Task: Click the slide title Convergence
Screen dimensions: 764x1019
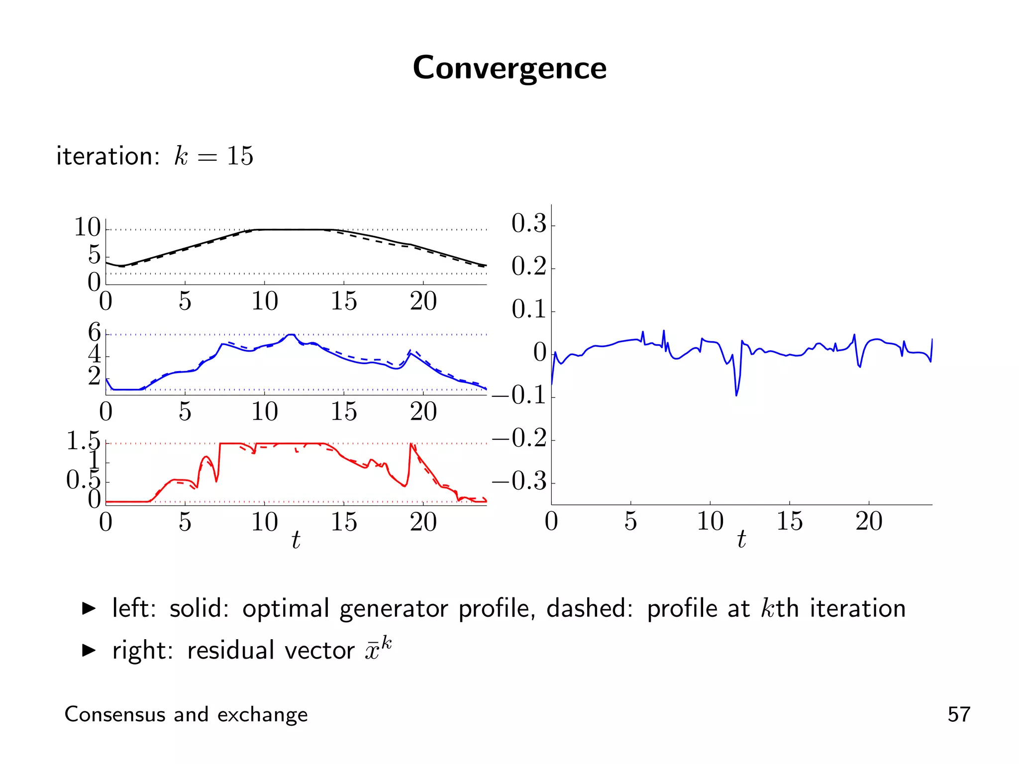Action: tap(509, 68)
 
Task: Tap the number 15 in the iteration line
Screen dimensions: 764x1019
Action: tap(240, 156)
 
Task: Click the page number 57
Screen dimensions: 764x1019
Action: tap(958, 714)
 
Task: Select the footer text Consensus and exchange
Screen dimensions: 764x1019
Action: tap(186, 714)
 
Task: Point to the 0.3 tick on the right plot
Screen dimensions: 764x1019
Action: tap(529, 223)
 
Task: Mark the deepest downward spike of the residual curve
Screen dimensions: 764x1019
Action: tap(736, 395)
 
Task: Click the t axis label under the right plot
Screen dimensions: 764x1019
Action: tap(741, 539)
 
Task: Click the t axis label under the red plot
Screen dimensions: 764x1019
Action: tap(296, 540)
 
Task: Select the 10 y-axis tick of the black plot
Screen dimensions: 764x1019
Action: tap(87, 227)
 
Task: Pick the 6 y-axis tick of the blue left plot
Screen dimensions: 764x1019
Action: tap(94, 332)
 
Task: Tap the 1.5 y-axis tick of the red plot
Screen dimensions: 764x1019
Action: tap(83, 441)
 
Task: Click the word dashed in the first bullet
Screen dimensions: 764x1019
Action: tap(590, 608)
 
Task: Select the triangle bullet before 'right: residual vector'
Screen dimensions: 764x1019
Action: tap(89, 650)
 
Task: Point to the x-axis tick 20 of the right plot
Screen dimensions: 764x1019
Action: tap(869, 521)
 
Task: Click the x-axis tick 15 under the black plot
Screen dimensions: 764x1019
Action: tap(344, 301)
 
